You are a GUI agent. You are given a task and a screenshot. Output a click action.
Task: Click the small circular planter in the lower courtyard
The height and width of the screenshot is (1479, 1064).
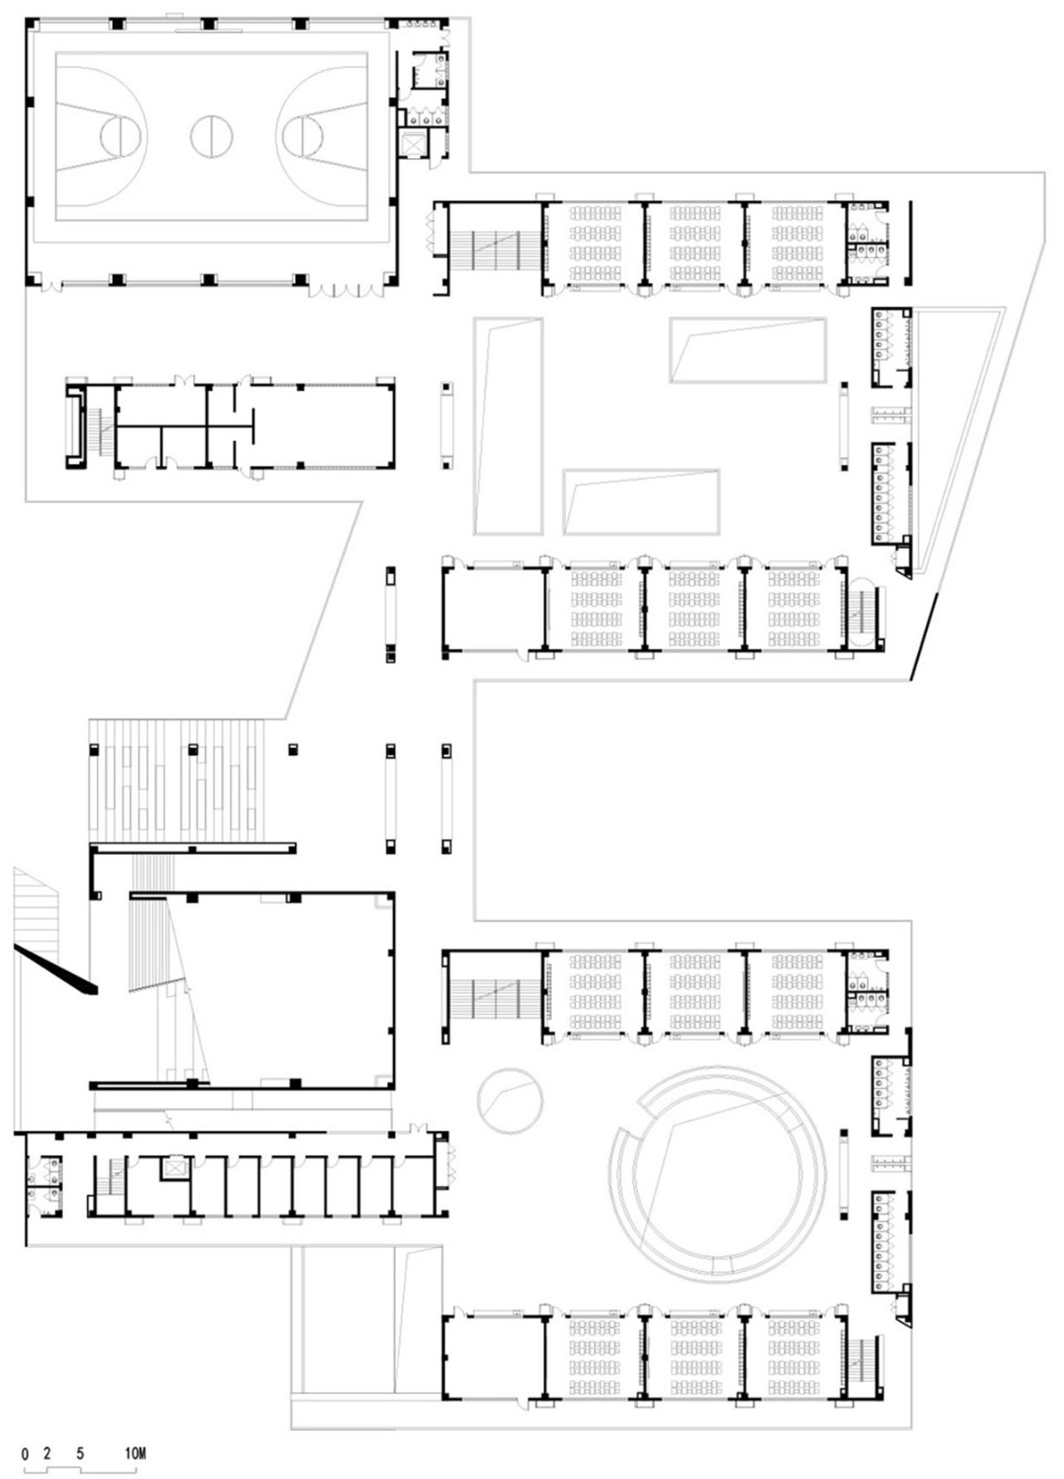click(x=510, y=1101)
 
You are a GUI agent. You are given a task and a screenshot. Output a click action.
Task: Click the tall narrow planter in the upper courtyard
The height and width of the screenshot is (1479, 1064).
click(x=508, y=426)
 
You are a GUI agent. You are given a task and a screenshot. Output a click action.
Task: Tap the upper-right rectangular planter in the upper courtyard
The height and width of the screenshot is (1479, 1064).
click(x=748, y=350)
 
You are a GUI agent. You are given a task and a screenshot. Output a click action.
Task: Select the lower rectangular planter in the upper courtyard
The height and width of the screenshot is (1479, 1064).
click(x=641, y=502)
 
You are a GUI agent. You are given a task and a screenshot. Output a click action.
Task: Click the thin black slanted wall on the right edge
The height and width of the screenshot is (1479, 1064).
click(x=923, y=636)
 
